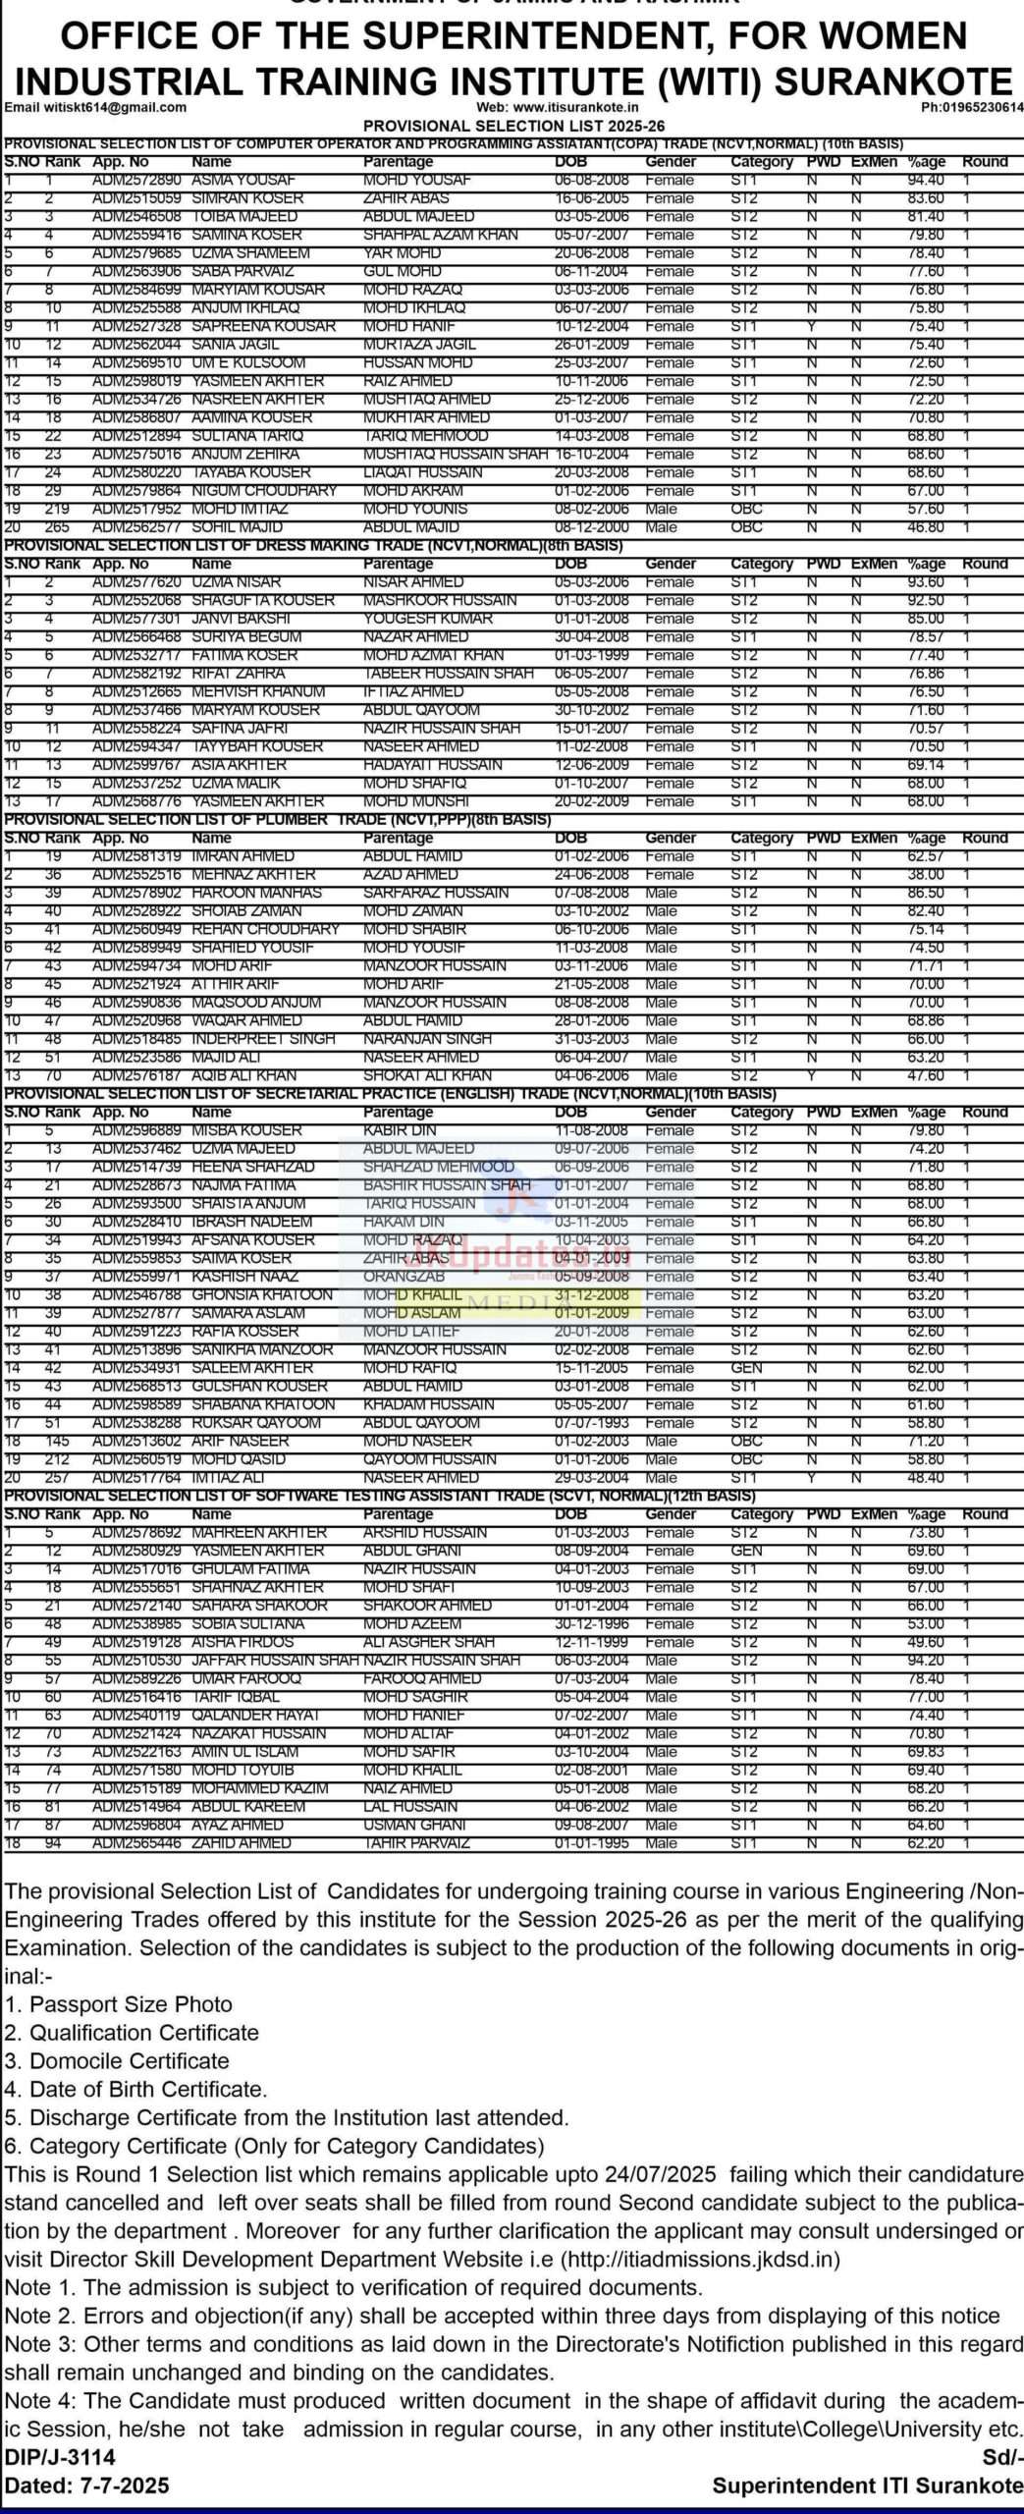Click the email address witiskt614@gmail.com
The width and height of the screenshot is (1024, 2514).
[x=96, y=108]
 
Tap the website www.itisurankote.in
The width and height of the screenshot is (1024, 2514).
[x=558, y=108]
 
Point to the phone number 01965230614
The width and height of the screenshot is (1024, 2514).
[x=972, y=108]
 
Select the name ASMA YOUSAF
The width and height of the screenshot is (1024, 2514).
[x=236, y=180]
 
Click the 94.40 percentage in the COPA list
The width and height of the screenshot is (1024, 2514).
[x=926, y=180]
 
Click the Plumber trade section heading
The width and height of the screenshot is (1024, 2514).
[x=278, y=819]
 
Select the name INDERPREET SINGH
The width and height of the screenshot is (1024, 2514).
[x=264, y=1039]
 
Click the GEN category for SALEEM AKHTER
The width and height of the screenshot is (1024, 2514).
[x=746, y=1368]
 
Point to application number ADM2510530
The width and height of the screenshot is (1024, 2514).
[x=137, y=1661]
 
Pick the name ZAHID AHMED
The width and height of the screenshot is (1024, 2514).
[x=242, y=1843]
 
